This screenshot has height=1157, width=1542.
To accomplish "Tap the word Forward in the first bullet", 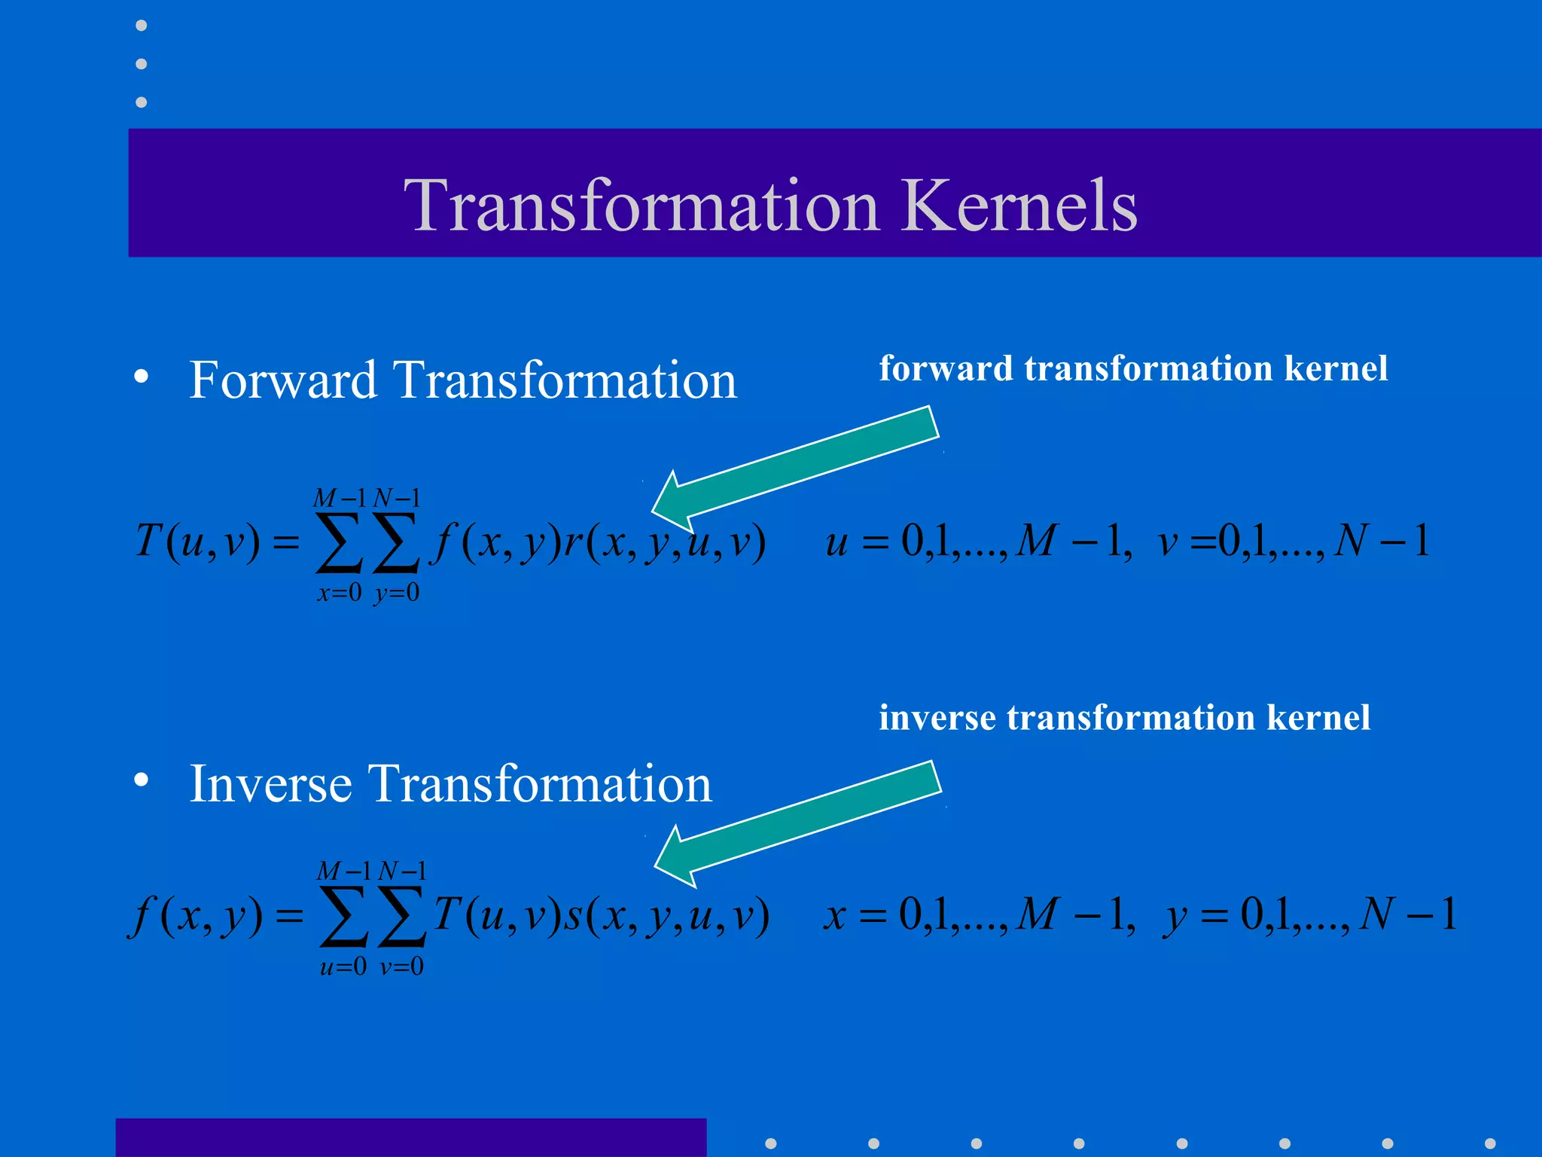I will (282, 380).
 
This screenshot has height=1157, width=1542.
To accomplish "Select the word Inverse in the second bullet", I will (270, 784).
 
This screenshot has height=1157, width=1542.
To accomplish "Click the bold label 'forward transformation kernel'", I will (1133, 368).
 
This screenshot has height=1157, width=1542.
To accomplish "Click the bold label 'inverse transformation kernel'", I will (1124, 717).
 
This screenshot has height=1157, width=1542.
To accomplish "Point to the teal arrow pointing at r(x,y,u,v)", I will (798, 467).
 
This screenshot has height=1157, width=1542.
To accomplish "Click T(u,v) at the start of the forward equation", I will (197, 541).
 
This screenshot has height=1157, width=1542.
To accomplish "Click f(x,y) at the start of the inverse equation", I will (197, 915).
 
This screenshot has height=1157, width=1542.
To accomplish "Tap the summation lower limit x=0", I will (339, 593).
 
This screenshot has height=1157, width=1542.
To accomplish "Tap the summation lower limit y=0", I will (397, 593).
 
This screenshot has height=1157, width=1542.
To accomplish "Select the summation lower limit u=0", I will (343, 966).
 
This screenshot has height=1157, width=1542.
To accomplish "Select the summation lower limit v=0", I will (401, 966).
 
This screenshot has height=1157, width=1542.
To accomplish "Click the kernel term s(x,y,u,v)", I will (667, 915).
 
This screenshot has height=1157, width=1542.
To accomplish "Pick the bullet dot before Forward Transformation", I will (142, 377).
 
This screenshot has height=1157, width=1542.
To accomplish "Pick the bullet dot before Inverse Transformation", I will (142, 780).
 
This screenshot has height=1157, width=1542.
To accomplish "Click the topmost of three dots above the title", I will (141, 26).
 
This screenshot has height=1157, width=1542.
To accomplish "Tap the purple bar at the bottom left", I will (410, 1137).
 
